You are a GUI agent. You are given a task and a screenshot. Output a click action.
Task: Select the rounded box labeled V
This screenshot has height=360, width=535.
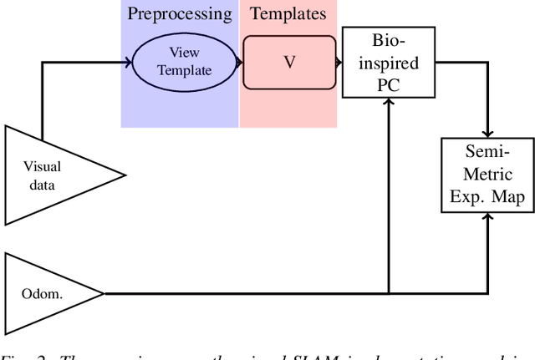pyautogui.click(x=288, y=62)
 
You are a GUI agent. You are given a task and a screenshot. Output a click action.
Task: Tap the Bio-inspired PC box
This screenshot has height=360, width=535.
pyautogui.click(x=390, y=62)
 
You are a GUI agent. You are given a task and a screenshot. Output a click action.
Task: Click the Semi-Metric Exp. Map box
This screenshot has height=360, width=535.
pyautogui.click(x=487, y=176)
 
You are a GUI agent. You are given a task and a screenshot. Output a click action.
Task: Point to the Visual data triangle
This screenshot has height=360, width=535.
pyautogui.click(x=50, y=175)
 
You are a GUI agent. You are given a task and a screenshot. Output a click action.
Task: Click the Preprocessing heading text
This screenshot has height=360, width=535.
pyautogui.click(x=180, y=14)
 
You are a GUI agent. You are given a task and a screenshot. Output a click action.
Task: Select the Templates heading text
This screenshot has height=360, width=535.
pyautogui.click(x=288, y=14)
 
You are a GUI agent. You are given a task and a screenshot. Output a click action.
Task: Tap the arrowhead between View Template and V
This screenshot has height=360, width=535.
pyautogui.click(x=239, y=62)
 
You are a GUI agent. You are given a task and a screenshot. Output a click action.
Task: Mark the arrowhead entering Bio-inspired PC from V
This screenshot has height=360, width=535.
pyautogui.click(x=339, y=62)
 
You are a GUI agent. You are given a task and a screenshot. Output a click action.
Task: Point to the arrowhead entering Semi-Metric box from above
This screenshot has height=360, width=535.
pyautogui.click(x=487, y=135)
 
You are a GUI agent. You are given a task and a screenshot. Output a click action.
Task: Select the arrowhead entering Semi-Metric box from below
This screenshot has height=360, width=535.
pyautogui.click(x=487, y=216)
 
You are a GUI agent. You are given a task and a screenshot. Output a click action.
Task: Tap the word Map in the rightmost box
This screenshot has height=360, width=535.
pyautogui.click(x=509, y=197)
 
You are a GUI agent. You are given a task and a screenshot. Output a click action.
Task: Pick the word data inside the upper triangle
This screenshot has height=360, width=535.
pyautogui.click(x=42, y=185)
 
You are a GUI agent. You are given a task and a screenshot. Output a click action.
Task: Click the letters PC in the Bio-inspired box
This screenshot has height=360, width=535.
pyautogui.click(x=390, y=84)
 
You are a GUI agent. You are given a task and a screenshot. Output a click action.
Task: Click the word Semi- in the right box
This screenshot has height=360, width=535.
pyautogui.click(x=487, y=155)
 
